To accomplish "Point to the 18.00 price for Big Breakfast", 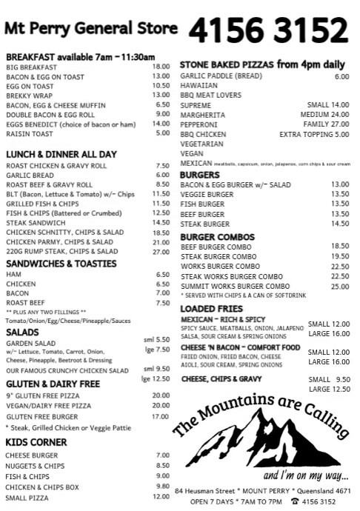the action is (161, 66).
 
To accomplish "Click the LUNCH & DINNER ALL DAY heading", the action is (61, 153).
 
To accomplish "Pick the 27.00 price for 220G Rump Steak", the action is (161, 252).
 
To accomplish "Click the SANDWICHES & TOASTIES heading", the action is (61, 263).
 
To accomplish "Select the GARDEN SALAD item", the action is (30, 344).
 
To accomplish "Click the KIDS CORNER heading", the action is (37, 441).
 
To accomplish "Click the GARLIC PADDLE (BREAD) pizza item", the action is (220, 76).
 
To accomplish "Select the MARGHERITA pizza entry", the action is (202, 115).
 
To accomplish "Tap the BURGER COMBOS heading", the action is (217, 236).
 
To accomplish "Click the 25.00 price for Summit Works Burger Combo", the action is (340, 286).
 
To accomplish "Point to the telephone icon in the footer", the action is (294, 501).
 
